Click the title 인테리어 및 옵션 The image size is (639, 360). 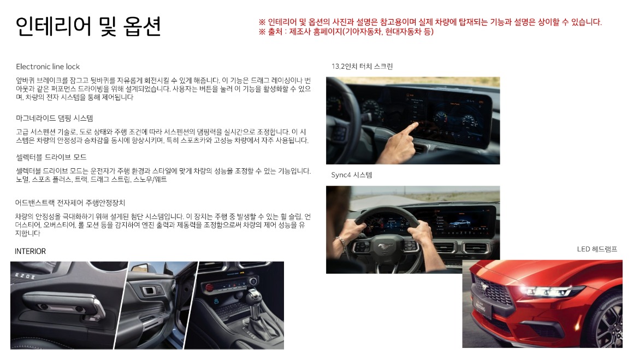[88, 26]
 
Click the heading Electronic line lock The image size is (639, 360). [48, 67]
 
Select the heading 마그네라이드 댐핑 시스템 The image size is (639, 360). [55, 118]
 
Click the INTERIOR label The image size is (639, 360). [31, 251]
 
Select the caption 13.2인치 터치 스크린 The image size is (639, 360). [362, 67]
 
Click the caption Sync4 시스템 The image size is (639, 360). [352, 175]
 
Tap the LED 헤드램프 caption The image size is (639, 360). [597, 249]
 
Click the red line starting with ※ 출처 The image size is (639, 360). [346, 32]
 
